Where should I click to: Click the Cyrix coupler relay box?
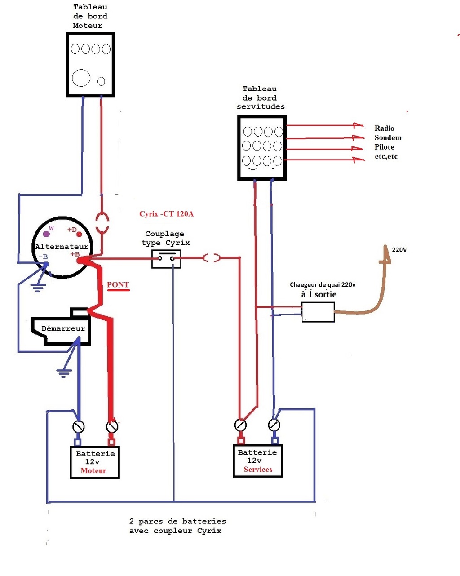(x=166, y=259)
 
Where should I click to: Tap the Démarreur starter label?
(x=63, y=329)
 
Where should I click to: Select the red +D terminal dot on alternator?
(x=79, y=234)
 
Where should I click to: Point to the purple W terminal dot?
(x=46, y=234)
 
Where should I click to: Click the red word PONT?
(x=118, y=285)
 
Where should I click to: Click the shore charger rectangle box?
(x=318, y=312)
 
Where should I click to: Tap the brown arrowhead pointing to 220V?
(x=385, y=254)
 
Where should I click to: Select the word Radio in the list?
(x=384, y=128)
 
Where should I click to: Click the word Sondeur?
(x=388, y=138)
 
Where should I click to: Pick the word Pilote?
(x=384, y=147)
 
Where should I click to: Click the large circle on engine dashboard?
(x=81, y=78)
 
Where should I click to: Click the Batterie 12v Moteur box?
(x=95, y=462)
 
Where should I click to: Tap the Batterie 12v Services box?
(x=258, y=461)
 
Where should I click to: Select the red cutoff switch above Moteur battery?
(x=111, y=426)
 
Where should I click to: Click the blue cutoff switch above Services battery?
(x=274, y=425)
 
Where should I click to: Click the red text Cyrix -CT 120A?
(x=166, y=214)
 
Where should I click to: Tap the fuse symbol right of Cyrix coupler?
(x=211, y=258)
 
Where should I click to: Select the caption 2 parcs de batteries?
(x=177, y=522)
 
